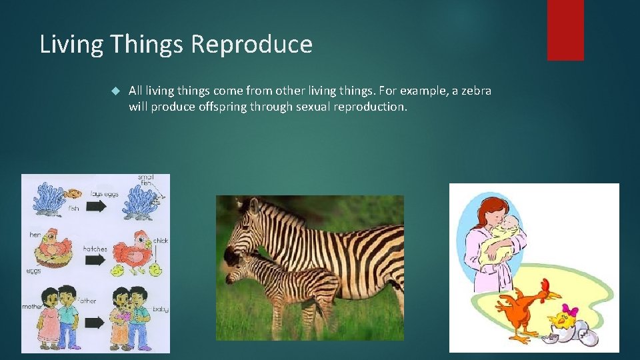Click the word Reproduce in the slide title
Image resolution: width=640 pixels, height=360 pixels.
pos(251,45)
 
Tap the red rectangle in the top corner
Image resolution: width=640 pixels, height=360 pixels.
pos(565,30)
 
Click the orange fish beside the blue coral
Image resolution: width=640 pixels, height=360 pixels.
pos(75,194)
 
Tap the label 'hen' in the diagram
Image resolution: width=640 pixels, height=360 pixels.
pos(35,235)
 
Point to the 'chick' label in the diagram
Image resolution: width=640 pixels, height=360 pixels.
pos(161,241)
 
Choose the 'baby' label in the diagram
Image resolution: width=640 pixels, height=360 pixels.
pos(160,309)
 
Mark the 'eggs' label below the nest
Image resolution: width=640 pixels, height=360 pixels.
pos(33,271)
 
